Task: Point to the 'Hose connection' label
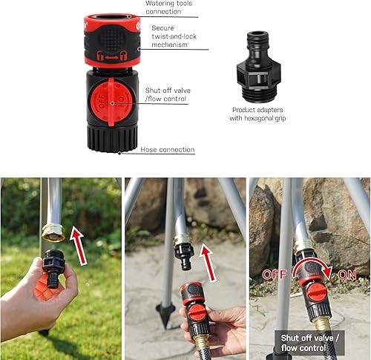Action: pos(167,150)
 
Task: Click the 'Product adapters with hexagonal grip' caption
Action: pos(258,114)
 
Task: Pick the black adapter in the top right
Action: pos(258,68)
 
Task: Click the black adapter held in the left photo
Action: pos(53,264)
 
